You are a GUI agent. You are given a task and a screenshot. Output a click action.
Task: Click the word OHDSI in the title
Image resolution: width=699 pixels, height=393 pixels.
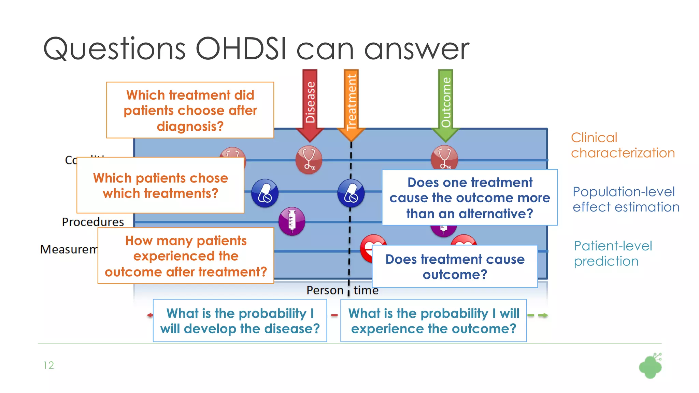point(241,49)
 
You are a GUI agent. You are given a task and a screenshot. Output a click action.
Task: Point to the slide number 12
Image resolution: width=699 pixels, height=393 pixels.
point(48,365)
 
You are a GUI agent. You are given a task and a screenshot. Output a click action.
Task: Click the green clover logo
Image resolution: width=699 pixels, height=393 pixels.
point(650,366)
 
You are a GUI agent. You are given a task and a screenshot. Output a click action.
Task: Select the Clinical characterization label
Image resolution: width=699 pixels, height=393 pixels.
point(623,145)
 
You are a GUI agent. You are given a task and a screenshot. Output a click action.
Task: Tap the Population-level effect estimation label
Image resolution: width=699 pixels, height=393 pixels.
point(626,199)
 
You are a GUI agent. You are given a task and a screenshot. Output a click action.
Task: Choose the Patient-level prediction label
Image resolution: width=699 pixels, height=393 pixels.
point(613,253)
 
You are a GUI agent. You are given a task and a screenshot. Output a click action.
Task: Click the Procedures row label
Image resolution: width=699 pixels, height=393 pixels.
point(93,222)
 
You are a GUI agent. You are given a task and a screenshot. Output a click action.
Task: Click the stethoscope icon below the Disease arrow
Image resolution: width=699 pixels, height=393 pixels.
point(309,160)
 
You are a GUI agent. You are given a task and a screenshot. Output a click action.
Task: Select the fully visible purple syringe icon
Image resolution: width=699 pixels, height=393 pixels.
point(292,221)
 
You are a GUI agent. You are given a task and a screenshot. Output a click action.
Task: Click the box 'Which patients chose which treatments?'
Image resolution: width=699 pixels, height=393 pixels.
point(160,186)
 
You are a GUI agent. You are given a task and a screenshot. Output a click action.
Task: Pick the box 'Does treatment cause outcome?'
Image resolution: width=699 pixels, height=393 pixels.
point(455,267)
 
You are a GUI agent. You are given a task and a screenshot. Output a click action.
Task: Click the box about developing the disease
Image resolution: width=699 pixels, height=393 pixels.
point(240,321)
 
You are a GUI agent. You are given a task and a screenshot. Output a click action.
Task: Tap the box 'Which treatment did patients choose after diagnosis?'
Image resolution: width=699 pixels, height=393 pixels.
point(190,110)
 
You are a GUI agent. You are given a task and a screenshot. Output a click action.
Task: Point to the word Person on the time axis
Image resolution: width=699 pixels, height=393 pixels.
point(325,290)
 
